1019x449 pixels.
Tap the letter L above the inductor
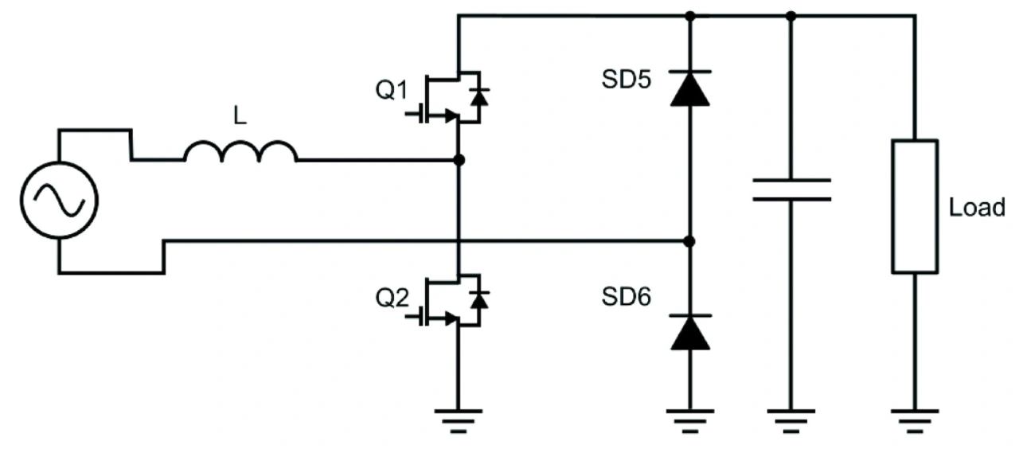coord(240,115)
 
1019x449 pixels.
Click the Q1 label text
coord(391,90)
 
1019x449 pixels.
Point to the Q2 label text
coord(392,299)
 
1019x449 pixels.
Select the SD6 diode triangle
coord(690,332)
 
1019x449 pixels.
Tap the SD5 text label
coord(627,80)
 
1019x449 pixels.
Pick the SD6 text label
coord(627,297)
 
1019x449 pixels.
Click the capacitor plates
coord(791,189)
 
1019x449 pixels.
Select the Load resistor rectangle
coord(915,206)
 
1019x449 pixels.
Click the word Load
coord(977,208)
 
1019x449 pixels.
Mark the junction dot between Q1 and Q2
coord(459,160)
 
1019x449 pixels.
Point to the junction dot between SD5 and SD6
coord(689,241)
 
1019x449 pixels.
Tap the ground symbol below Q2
coord(459,421)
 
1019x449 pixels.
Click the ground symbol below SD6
coord(690,421)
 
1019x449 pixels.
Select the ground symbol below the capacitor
coord(791,421)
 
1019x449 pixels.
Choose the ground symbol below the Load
coord(915,421)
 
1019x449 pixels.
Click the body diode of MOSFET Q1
coord(479,97)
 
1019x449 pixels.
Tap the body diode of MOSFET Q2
coord(479,301)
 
